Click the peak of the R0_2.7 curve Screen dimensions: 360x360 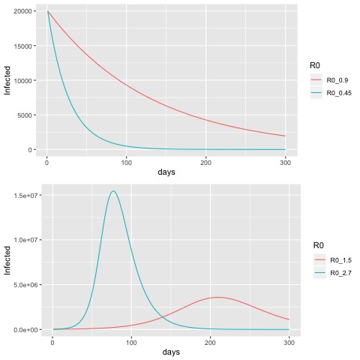tap(113, 191)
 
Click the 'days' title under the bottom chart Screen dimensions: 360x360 tap(171, 352)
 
